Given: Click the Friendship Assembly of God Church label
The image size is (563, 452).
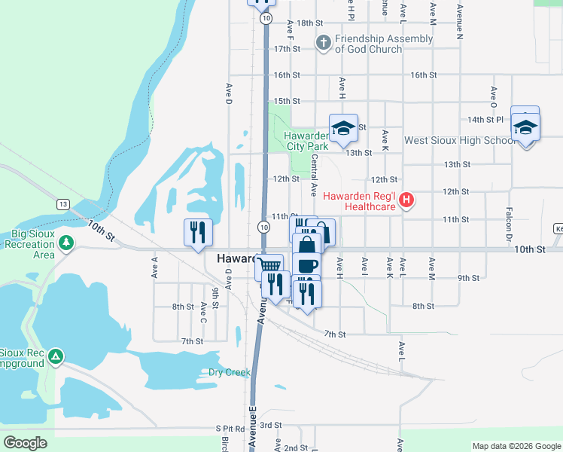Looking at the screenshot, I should [x=384, y=44].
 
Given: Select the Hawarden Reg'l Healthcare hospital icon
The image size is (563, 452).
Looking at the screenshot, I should [x=407, y=200].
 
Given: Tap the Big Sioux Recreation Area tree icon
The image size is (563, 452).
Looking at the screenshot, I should [x=67, y=243].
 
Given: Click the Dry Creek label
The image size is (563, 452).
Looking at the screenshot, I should [x=229, y=372].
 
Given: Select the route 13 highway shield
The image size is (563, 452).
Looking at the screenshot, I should [x=62, y=204].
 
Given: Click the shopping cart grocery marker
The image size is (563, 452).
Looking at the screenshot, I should [x=269, y=265].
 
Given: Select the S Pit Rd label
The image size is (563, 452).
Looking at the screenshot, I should [x=230, y=427].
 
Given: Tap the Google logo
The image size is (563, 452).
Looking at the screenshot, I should [x=26, y=443].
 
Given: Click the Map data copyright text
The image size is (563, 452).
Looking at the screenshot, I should [x=516, y=446].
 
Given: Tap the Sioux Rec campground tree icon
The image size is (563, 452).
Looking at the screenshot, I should [x=56, y=356].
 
